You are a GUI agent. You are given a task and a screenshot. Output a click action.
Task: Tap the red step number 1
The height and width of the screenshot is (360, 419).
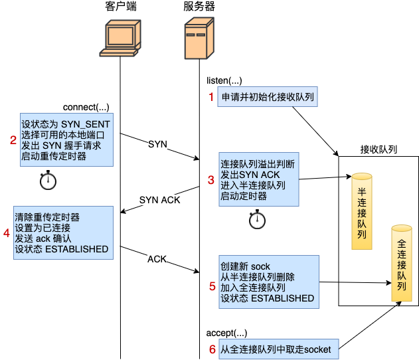point(212,97)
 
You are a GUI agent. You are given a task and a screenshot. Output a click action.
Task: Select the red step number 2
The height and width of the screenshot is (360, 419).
point(13,140)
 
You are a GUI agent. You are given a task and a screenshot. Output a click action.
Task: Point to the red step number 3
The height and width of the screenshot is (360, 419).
point(211,179)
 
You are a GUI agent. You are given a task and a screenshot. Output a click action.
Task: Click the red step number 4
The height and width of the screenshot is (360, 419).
point(7,233)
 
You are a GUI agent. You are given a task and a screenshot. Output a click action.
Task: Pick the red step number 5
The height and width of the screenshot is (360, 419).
point(212,286)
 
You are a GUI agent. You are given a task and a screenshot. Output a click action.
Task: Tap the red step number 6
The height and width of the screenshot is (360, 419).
point(212,349)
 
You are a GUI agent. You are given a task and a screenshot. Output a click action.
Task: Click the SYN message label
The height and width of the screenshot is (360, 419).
point(157,144)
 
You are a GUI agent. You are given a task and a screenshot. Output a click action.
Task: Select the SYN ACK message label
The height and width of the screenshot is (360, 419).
point(159,200)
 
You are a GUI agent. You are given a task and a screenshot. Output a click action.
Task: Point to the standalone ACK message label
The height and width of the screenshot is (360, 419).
point(157,259)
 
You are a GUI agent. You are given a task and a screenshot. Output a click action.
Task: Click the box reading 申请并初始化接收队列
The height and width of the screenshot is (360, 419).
point(268,98)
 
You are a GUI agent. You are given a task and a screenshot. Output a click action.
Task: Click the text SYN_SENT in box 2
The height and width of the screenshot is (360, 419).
point(86,124)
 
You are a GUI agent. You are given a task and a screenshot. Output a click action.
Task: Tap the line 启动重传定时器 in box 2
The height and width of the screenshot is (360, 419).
point(54,157)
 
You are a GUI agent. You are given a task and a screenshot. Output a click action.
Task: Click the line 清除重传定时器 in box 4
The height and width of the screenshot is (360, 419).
point(47,217)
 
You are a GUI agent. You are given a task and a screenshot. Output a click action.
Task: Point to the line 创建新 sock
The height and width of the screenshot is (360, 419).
point(245,266)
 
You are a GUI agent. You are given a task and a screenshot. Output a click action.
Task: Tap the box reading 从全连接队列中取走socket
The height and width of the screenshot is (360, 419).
point(275,349)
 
